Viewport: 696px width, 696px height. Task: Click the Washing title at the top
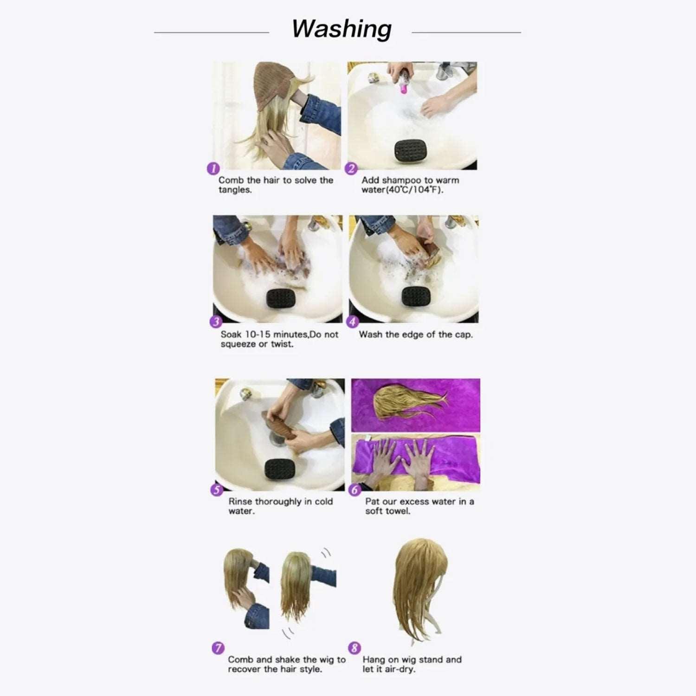(x=342, y=29)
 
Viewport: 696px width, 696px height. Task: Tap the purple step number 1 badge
(x=213, y=168)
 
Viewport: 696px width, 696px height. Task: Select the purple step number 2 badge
(x=352, y=168)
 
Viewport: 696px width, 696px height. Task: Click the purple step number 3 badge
(x=216, y=322)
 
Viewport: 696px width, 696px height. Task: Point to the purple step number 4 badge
(x=353, y=322)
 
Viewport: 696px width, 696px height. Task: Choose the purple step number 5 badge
(x=217, y=490)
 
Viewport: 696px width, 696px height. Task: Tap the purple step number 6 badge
(x=355, y=490)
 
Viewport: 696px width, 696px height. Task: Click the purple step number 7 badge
(x=218, y=648)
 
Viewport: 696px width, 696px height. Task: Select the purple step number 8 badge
(x=354, y=648)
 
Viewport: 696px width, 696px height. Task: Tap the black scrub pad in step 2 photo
(x=410, y=150)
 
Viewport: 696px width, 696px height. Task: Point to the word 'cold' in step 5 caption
(x=323, y=502)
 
